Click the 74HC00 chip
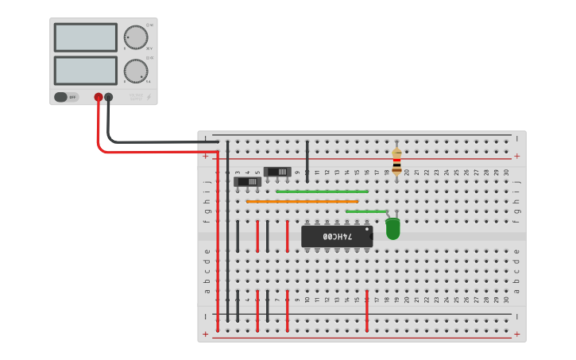(337, 237)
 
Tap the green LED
(392, 229)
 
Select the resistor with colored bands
(396, 162)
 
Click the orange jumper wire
(302, 202)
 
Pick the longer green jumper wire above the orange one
(322, 192)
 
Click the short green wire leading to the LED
(365, 211)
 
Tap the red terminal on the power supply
(99, 98)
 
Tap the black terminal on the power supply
(109, 98)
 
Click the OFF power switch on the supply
(67, 97)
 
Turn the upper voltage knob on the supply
(136, 37)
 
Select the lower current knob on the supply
(136, 71)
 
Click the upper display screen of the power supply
(86, 37)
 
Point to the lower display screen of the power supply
(86, 70)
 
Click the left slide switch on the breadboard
(248, 181)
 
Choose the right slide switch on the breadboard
(277, 171)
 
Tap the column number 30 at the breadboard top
(506, 172)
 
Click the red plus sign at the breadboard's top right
(517, 157)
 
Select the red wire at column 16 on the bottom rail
(367, 312)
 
